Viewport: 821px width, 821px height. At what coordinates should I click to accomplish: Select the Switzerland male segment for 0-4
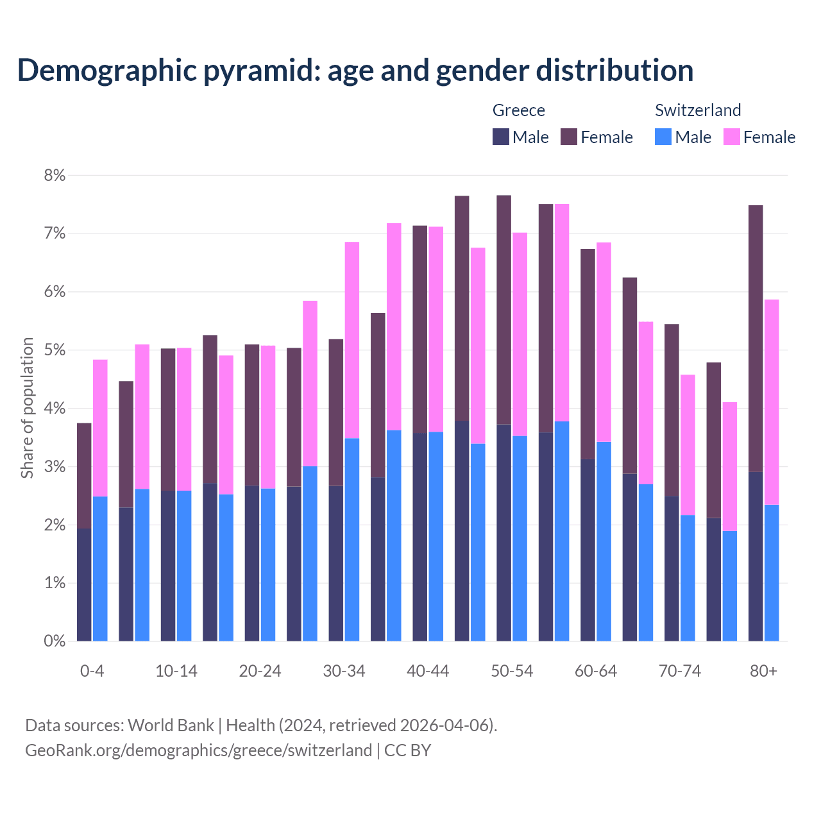(x=100, y=568)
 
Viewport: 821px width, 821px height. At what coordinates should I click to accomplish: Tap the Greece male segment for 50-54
(x=504, y=532)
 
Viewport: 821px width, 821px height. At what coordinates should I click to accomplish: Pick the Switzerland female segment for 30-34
(x=352, y=340)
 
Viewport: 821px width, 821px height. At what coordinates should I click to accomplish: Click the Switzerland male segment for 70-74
(x=688, y=577)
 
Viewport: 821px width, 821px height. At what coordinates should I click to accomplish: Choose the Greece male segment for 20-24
(x=252, y=563)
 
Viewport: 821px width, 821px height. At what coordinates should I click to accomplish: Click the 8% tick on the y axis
(x=55, y=175)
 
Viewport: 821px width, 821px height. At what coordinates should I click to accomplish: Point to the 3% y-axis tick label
(x=55, y=467)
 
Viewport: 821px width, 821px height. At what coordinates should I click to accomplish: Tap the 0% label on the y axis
(x=55, y=641)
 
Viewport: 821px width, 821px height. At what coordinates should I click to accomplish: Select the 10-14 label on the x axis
(x=176, y=672)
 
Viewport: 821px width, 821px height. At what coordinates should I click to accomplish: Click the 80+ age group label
(x=763, y=672)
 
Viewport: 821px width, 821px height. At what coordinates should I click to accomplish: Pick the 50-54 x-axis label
(x=512, y=672)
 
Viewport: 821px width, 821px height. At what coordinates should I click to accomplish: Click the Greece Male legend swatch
(x=501, y=137)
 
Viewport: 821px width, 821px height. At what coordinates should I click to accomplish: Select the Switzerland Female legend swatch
(x=731, y=137)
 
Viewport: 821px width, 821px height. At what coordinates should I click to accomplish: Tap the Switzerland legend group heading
(x=698, y=110)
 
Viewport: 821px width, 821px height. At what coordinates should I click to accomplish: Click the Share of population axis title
(x=27, y=408)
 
